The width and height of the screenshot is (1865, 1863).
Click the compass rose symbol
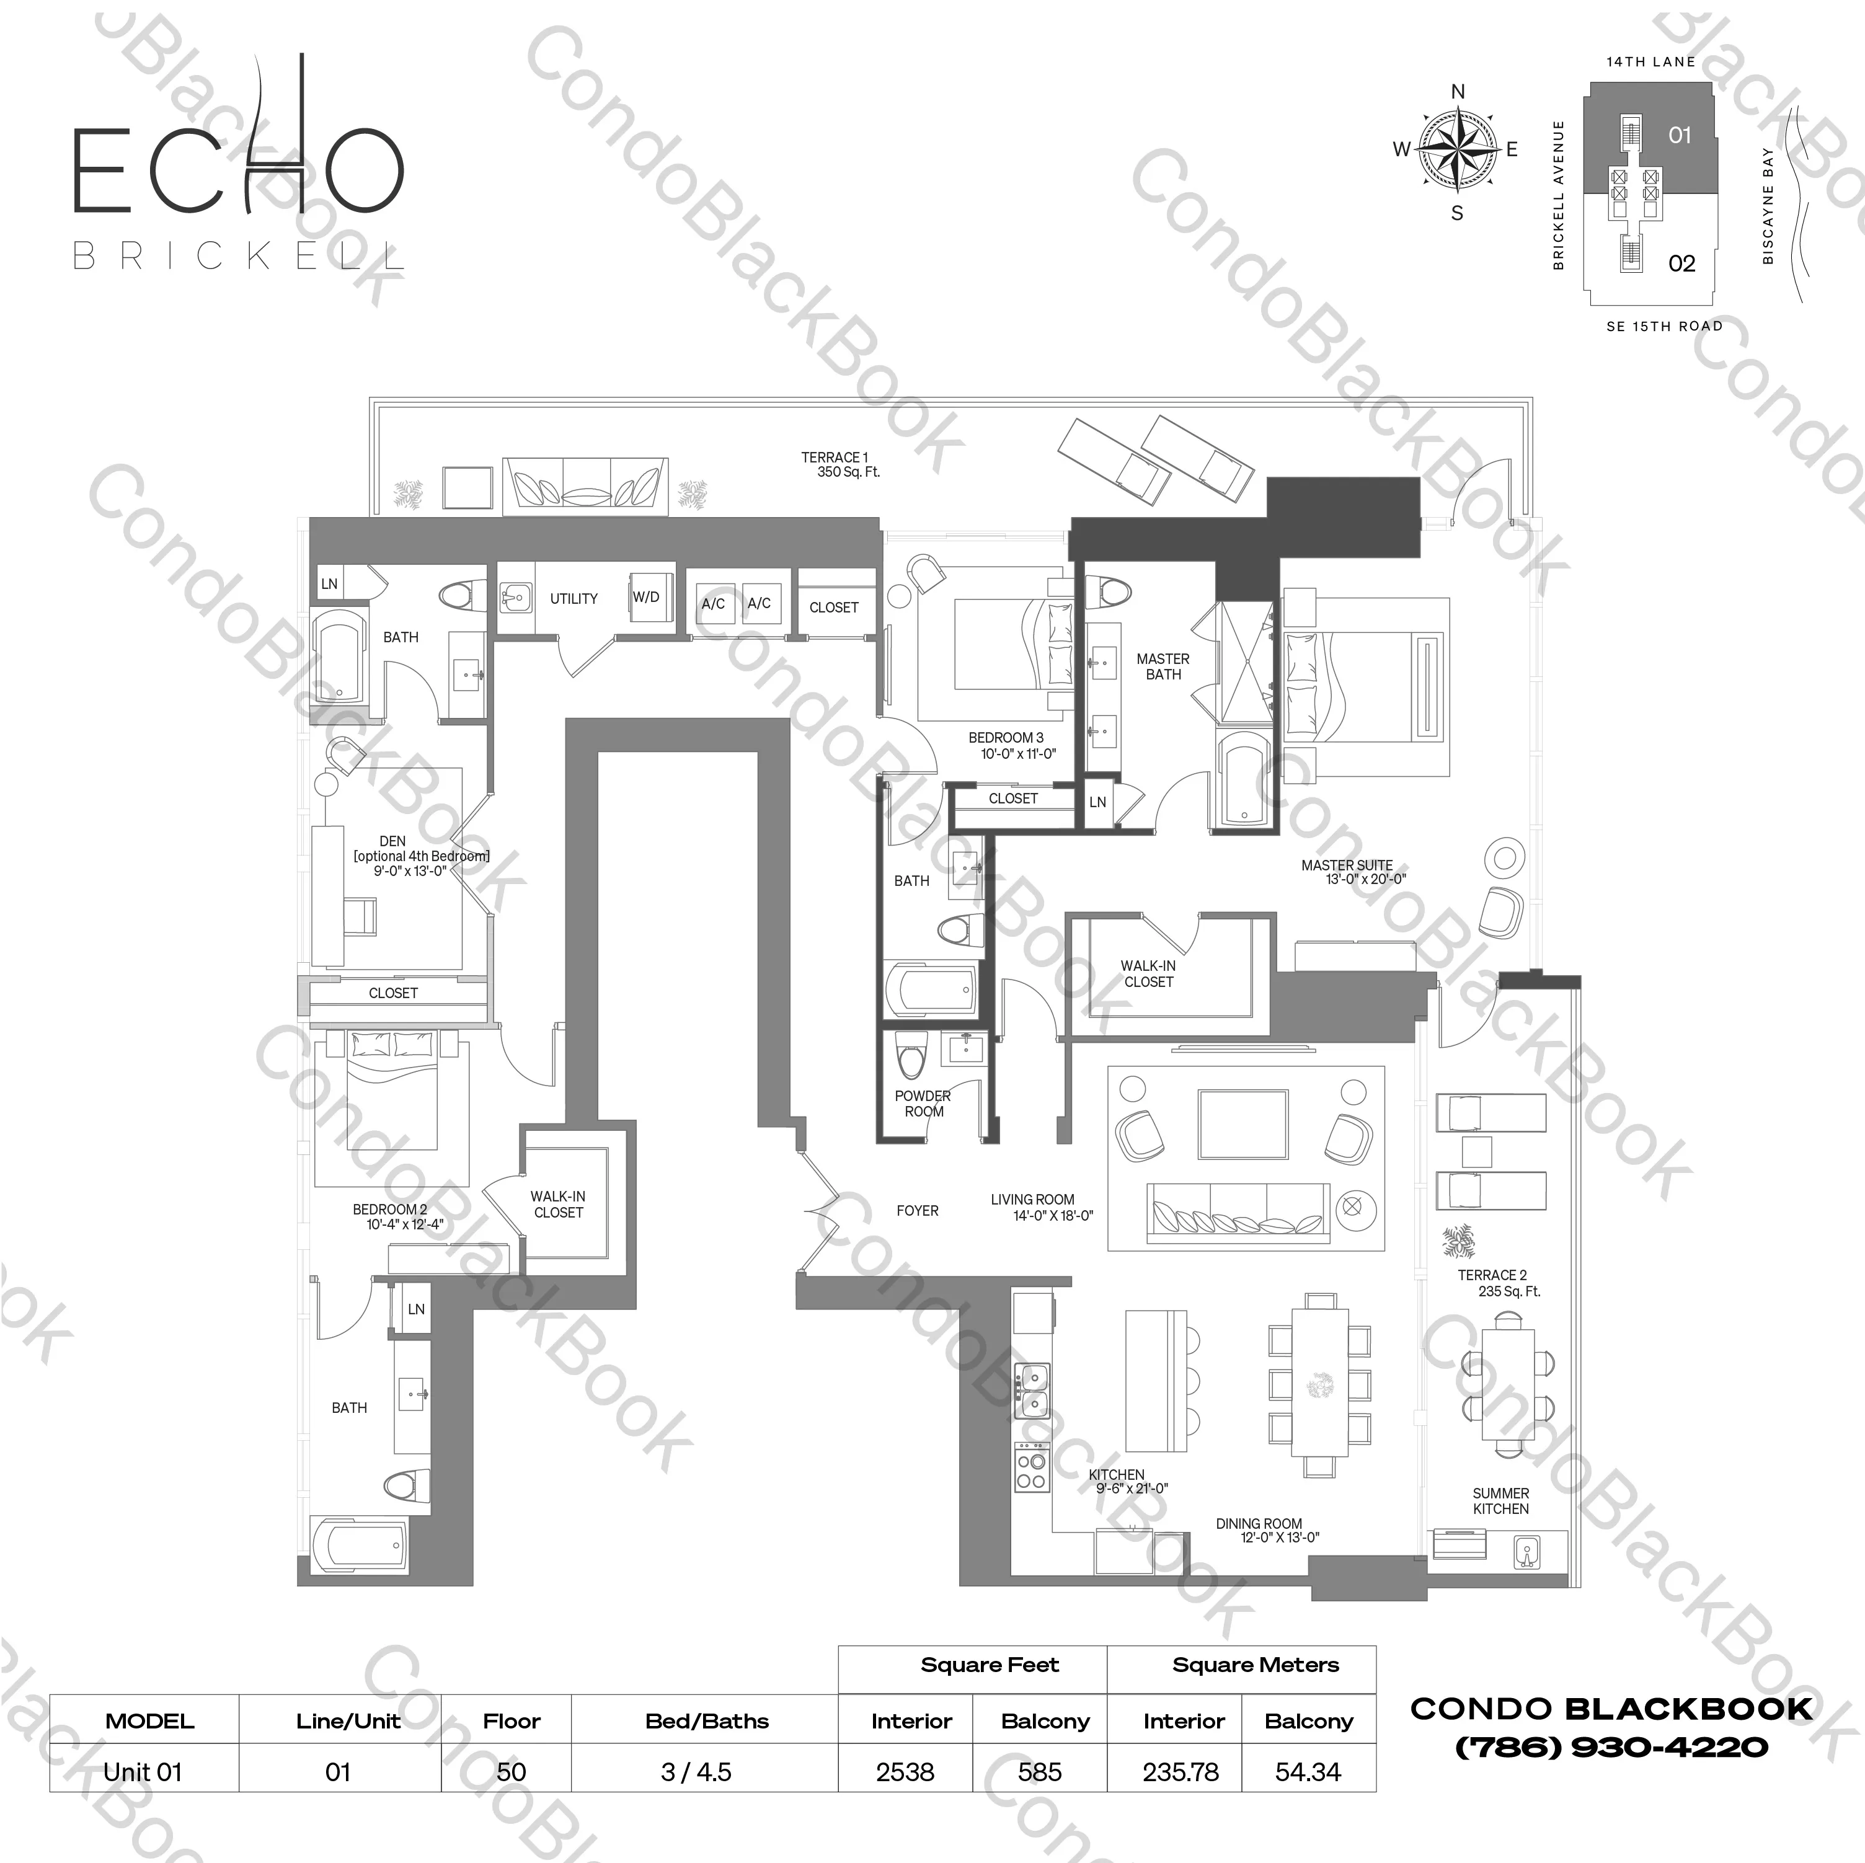(x=1456, y=149)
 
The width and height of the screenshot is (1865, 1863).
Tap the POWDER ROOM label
(x=923, y=1104)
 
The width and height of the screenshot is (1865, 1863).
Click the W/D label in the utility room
(x=646, y=598)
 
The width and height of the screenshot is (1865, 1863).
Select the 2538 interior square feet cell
(x=905, y=1772)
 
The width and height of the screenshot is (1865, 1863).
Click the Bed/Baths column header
(x=707, y=1721)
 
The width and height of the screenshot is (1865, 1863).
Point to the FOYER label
(x=917, y=1210)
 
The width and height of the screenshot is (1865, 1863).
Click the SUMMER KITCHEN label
(x=1500, y=1501)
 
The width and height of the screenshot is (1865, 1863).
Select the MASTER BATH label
(x=1163, y=666)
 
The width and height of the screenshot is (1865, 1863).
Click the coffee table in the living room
(x=1243, y=1125)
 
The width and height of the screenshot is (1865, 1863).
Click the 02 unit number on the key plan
(x=1681, y=263)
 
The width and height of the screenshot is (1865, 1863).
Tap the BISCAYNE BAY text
(x=1768, y=206)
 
